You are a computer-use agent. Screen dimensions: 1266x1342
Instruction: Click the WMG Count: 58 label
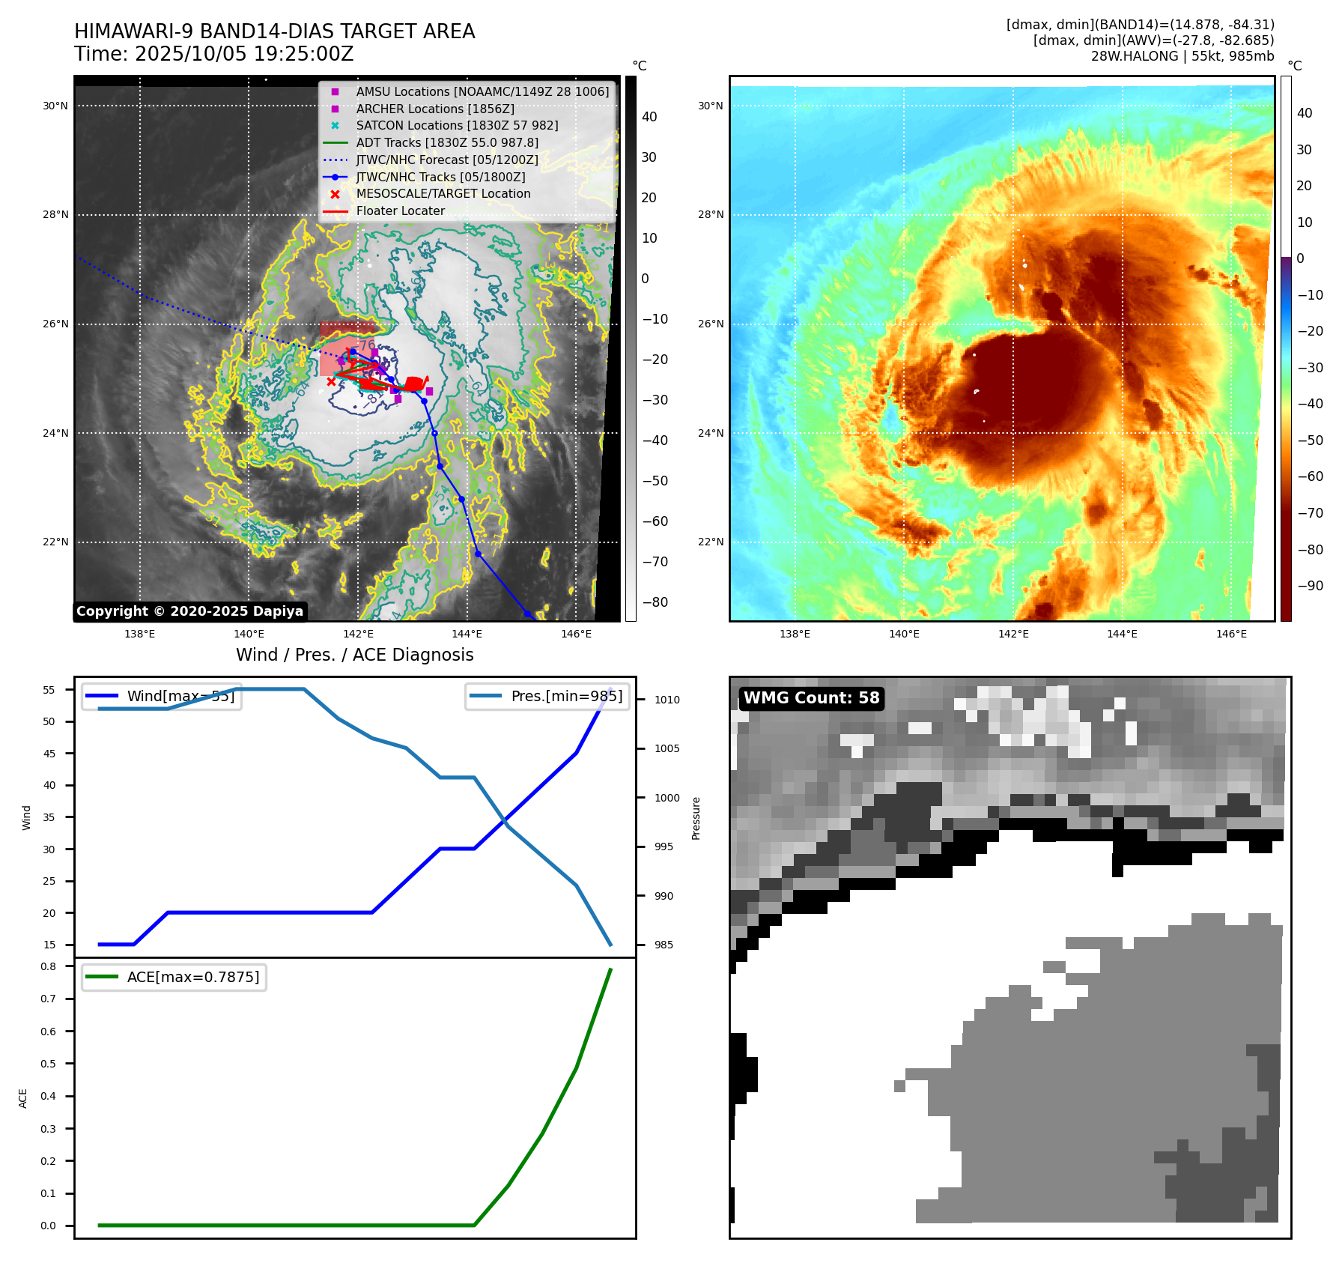point(811,698)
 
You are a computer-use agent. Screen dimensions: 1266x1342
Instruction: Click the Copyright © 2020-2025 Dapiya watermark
point(189,611)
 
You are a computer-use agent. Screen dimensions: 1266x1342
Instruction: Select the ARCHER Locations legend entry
point(434,109)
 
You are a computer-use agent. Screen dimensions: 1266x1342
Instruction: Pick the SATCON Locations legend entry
point(457,126)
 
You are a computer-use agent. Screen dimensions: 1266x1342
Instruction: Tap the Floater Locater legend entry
point(400,211)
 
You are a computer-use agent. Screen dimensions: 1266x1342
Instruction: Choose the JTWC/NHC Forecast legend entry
point(446,160)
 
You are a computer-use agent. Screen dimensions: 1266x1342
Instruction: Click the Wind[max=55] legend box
point(161,696)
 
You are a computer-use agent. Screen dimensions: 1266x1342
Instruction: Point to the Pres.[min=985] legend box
point(547,696)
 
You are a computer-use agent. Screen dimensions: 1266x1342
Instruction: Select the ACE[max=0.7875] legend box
point(174,977)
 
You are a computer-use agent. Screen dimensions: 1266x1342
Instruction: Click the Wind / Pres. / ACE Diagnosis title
point(354,655)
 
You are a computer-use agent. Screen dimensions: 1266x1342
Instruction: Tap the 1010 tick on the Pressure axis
point(667,700)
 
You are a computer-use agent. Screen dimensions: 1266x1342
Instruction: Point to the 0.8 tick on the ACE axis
point(48,966)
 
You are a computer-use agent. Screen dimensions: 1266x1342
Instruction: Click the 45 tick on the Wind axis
point(49,754)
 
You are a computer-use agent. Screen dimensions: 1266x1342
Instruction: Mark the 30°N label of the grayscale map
point(55,106)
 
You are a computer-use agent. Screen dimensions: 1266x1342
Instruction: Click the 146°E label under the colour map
point(1231,634)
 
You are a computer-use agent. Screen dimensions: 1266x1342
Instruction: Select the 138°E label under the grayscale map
point(139,634)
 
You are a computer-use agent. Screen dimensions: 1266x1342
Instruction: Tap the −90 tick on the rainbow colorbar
point(1310,586)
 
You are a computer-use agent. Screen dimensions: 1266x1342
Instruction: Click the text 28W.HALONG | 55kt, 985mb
point(1182,56)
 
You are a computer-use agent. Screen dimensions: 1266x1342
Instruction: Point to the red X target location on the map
point(332,382)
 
